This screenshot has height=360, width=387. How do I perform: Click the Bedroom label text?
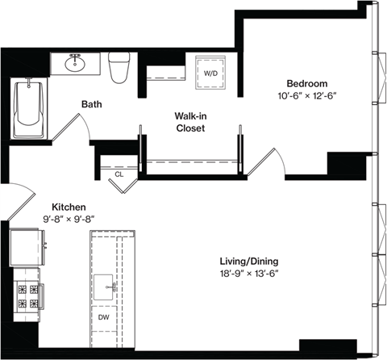tap(306, 83)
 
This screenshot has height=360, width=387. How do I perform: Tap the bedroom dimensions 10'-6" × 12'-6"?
tap(306, 95)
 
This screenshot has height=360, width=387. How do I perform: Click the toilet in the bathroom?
tap(119, 66)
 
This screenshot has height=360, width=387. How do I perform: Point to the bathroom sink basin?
tap(77, 61)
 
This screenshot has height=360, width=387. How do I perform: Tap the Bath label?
tap(91, 103)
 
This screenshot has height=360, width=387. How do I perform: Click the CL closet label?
tap(119, 174)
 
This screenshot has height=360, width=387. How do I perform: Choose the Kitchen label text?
tap(69, 206)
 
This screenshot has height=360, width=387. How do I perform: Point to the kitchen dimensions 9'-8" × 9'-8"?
tap(69, 218)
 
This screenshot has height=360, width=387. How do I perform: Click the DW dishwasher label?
tap(104, 317)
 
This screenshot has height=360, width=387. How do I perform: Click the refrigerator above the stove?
tap(25, 246)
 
